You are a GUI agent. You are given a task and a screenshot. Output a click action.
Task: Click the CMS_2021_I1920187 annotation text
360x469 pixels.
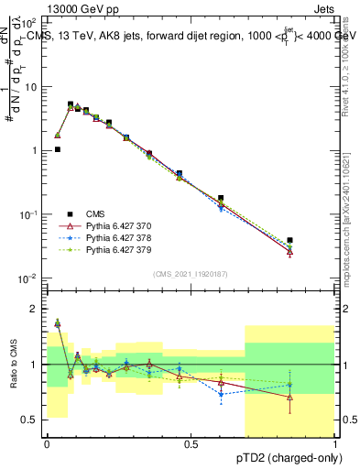coord(191,274)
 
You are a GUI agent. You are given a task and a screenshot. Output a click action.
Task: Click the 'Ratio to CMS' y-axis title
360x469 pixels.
coord(15,364)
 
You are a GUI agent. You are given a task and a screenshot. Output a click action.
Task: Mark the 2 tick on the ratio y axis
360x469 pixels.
coord(36,309)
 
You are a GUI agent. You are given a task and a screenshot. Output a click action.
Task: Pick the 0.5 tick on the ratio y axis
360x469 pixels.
coord(32,420)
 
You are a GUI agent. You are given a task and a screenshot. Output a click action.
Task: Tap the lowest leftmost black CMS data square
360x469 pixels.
coord(58,149)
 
